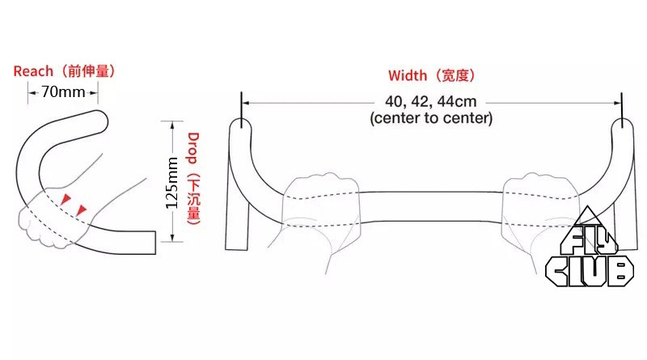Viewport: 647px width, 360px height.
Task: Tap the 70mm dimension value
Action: (63, 91)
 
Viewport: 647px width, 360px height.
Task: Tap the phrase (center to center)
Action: (431, 118)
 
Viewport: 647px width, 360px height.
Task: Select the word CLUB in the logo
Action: (589, 269)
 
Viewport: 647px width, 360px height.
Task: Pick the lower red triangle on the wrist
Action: (80, 211)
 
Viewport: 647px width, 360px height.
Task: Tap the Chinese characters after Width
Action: (455, 76)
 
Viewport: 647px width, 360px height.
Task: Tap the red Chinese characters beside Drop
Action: (193, 197)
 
